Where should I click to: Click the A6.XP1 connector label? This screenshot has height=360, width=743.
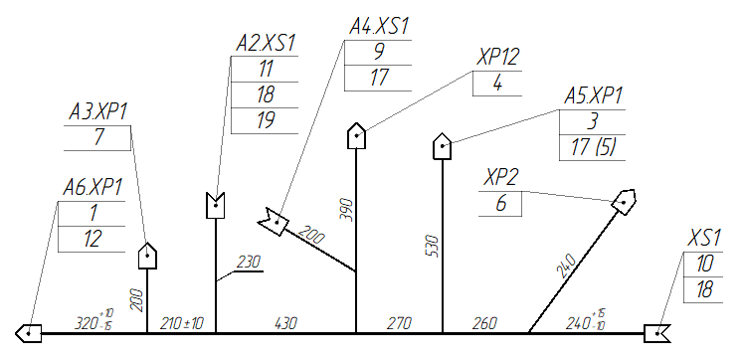pyautogui.click(x=93, y=189)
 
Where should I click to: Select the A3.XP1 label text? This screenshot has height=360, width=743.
pyautogui.click(x=98, y=112)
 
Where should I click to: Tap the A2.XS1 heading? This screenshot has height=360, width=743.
pyautogui.click(x=266, y=44)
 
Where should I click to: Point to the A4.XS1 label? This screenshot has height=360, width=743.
pyautogui.click(x=379, y=27)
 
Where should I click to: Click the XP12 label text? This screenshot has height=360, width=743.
pyautogui.click(x=498, y=58)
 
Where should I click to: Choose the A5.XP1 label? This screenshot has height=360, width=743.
pyautogui.click(x=593, y=96)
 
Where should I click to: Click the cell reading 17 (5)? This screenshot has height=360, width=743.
pyautogui.click(x=593, y=148)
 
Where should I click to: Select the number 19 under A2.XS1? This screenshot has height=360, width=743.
pyautogui.click(x=266, y=120)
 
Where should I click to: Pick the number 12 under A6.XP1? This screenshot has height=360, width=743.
pyautogui.click(x=93, y=240)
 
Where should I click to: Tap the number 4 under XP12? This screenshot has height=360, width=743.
pyautogui.click(x=497, y=84)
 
